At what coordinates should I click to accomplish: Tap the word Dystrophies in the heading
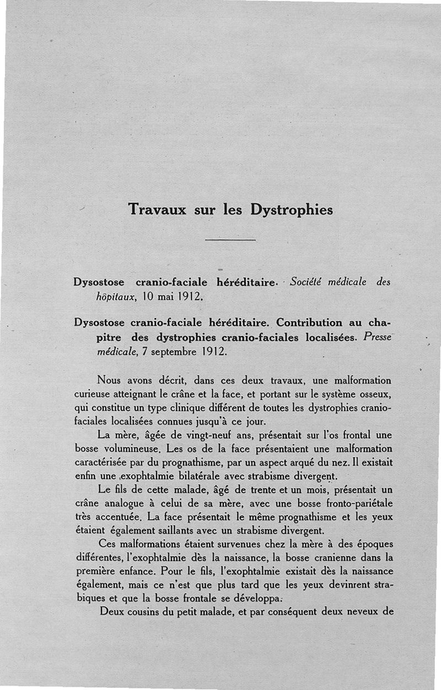pos(292,210)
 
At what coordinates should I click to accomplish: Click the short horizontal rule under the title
pos(230,240)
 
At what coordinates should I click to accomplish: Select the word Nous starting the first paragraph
pos(109,380)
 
